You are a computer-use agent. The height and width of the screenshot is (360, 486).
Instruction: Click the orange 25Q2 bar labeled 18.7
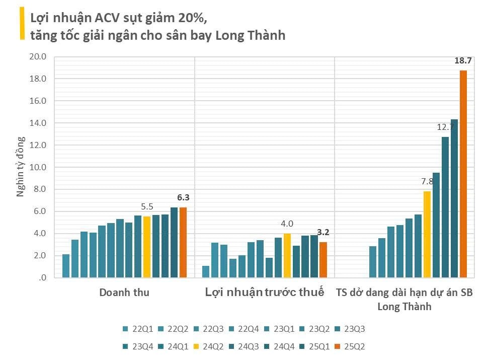click(463, 174)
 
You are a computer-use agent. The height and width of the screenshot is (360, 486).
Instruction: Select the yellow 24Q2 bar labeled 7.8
click(427, 234)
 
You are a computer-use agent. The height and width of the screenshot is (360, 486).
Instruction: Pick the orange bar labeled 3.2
click(323, 259)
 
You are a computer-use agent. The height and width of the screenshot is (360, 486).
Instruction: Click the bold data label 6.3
click(183, 198)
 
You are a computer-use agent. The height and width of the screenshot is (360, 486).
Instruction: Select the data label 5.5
click(147, 206)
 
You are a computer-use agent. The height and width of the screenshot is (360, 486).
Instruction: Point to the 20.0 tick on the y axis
click(38, 57)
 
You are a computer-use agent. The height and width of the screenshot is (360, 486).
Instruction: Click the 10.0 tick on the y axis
click(38, 167)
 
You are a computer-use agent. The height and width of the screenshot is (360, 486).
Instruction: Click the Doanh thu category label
click(124, 293)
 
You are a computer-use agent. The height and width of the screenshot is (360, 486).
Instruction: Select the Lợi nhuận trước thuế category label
click(264, 293)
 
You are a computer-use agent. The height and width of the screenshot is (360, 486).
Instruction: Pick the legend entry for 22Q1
click(138, 330)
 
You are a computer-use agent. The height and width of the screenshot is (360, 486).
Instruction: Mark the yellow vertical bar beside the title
click(22, 24)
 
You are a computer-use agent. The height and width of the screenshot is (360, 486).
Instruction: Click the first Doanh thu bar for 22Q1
click(66, 266)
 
